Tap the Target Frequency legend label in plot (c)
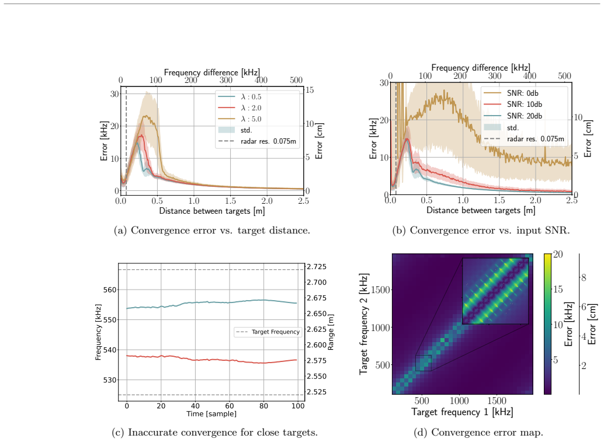[275, 332]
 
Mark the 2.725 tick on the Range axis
[317, 267]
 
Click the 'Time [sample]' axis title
[211, 414]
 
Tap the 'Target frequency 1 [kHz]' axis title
[462, 412]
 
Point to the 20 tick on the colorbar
[558, 254]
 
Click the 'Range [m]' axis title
[331, 332]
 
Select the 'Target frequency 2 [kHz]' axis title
[364, 324]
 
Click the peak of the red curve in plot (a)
[141, 135]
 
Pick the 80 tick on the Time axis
[263, 406]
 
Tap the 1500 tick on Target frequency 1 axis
[497, 401]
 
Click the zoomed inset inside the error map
[495, 291]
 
